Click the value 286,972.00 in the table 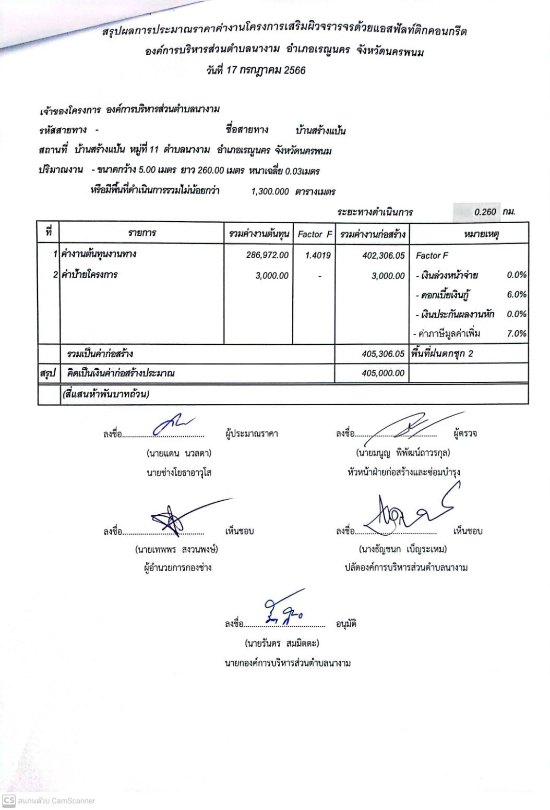[267, 255]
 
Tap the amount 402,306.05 [383, 256]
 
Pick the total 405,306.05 [383, 354]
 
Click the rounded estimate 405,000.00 [383, 373]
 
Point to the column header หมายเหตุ [481, 234]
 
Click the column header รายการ [142, 233]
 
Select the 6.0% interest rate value [517, 295]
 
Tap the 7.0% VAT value [517, 334]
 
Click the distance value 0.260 [485, 212]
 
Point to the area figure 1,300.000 [270, 191]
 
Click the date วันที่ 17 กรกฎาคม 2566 [256, 70]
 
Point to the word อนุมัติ [346, 624]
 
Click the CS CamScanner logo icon [8, 800]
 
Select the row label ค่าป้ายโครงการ [89, 275]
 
